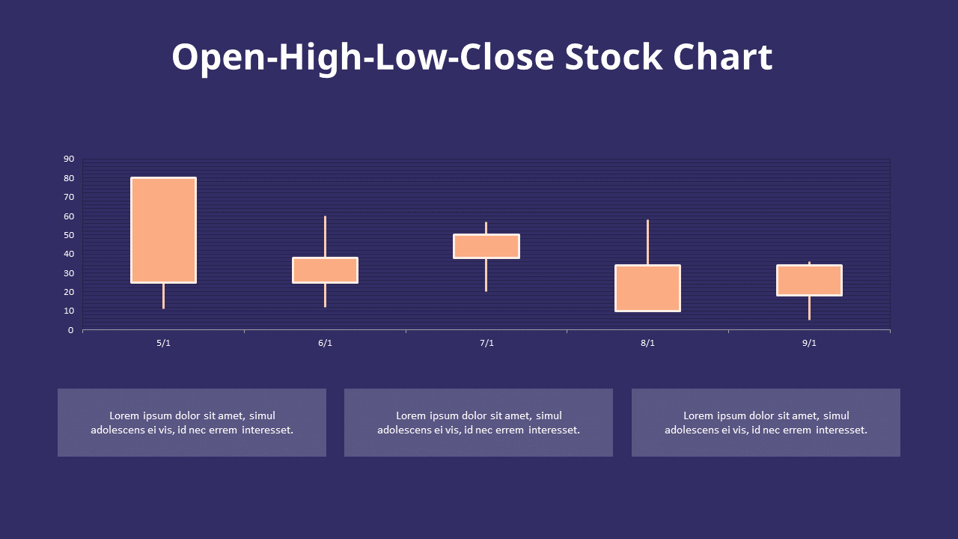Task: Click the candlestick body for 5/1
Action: coord(163,230)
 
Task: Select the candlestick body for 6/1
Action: coord(325,270)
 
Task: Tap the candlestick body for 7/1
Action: coord(486,246)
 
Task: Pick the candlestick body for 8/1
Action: coord(647,288)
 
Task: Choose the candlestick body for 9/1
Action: coord(809,280)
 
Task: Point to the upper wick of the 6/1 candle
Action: coord(325,237)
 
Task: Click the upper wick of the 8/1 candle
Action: coord(647,242)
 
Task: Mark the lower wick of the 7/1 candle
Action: coord(486,275)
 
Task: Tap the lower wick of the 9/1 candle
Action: coord(809,308)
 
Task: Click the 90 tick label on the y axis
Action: coord(69,159)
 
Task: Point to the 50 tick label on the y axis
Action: coord(69,235)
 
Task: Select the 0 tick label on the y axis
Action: coord(71,330)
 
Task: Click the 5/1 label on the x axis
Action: coord(163,343)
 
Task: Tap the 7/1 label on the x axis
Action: coord(486,343)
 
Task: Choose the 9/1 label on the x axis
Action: coord(809,343)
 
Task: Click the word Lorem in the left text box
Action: coord(125,415)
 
